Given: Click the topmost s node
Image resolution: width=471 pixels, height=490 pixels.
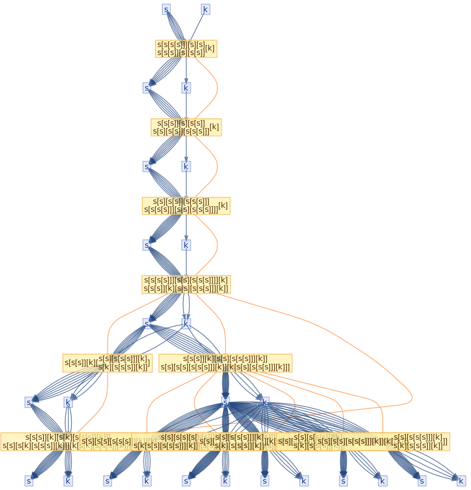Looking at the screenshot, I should point(166,9).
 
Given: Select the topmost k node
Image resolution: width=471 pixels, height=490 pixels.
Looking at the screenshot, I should point(205,9).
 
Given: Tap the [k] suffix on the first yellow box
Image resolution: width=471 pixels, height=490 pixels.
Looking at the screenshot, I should point(210,48).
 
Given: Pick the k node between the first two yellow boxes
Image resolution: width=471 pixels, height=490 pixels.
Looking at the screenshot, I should point(186,88).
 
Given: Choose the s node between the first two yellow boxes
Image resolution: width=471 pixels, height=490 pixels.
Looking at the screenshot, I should point(146,88).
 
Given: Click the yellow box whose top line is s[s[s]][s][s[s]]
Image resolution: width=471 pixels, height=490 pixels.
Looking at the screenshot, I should point(186,127).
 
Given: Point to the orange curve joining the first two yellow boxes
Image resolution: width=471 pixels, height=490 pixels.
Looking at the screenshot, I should point(217,88).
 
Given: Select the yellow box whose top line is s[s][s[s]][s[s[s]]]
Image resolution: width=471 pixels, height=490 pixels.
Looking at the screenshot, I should point(186,205).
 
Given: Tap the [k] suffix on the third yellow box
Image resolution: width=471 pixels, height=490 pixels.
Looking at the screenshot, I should point(223,205).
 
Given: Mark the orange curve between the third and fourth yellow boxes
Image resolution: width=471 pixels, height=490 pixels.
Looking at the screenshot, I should point(217,245).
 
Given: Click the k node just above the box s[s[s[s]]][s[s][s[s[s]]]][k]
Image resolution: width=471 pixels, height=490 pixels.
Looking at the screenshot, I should point(186,245).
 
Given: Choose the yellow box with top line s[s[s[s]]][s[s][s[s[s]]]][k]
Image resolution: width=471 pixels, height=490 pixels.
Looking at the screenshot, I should point(186,284).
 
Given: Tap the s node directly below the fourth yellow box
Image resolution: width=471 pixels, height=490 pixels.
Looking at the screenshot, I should point(147,324).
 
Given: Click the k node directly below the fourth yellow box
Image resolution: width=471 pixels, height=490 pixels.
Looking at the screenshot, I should point(186,324).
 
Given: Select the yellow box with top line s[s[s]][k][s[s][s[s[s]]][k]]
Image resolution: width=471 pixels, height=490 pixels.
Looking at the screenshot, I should point(225,363).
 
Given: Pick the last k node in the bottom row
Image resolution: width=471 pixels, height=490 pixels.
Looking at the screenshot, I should point(461,481).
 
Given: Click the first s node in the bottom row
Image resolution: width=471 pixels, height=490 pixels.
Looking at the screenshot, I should point(29,481).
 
